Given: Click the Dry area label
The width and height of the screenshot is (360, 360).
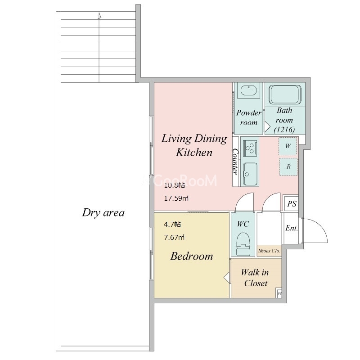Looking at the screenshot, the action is point(103,212).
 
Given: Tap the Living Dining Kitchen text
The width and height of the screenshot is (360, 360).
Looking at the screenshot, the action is point(194,145).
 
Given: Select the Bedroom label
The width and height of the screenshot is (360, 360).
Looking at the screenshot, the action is point(192,256).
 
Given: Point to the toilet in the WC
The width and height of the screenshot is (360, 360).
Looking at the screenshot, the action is point(243,243).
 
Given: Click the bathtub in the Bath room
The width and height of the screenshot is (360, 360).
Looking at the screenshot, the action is point(285,94).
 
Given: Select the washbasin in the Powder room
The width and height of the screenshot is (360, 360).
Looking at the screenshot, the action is point(248,90).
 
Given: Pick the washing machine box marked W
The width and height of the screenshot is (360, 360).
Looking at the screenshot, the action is point(288,146).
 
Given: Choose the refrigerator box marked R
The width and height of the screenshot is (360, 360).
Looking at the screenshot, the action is point(288,166).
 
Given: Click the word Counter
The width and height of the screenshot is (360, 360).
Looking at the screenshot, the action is point(235,162).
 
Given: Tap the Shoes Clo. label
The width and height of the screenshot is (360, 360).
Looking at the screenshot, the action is point(269,251).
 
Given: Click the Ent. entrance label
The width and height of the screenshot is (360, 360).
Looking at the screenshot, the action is point(292,228).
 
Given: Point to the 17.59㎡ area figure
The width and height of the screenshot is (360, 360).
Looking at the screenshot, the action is point(176,198).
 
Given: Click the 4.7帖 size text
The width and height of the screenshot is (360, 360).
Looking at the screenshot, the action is point(172,224).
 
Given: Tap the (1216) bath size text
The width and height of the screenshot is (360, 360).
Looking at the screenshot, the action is point(284,130).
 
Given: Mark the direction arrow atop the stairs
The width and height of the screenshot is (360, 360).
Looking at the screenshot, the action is point(99,16).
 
